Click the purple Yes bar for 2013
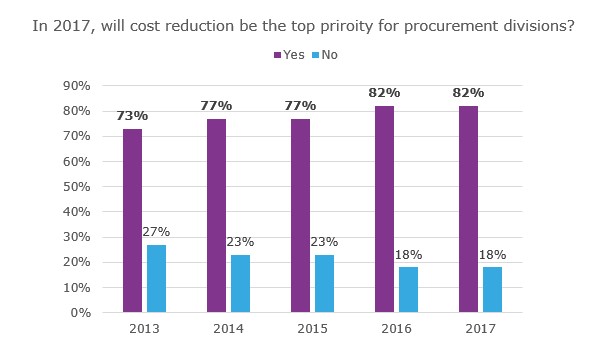[x=132, y=221]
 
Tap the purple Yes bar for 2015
[x=300, y=216]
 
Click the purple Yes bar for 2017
[x=468, y=210]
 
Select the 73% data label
[x=132, y=116]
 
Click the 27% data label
[x=156, y=232]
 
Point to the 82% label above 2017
[x=468, y=93]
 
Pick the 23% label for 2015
[x=324, y=242]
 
